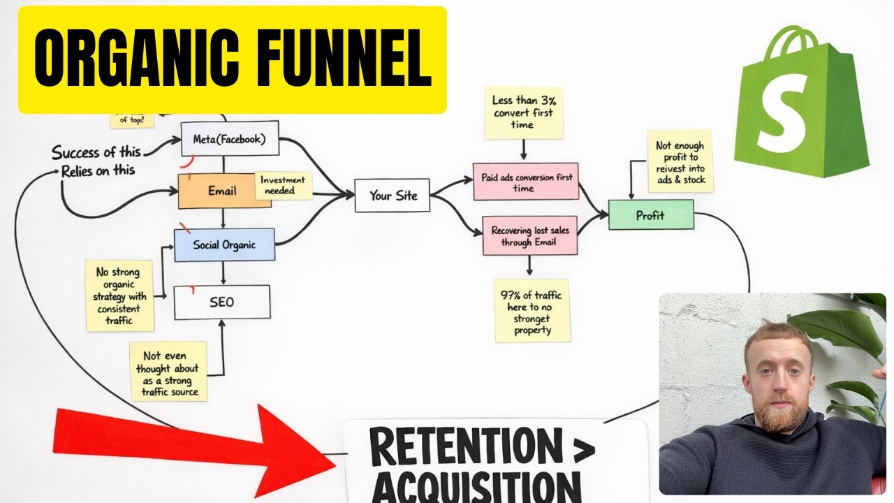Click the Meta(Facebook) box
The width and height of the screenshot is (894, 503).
pyautogui.click(x=229, y=139)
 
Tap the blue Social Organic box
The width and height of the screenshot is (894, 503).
pyautogui.click(x=224, y=245)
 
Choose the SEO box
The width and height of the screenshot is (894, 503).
pyautogui.click(x=221, y=302)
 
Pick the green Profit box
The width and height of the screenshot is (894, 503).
pyautogui.click(x=650, y=215)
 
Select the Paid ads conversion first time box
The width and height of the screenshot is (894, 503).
pyautogui.click(x=525, y=182)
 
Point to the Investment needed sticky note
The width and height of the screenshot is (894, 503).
pyautogui.click(x=283, y=185)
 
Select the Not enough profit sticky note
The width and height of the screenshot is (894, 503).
pyautogui.click(x=680, y=160)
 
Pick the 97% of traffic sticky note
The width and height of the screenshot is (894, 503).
pyautogui.click(x=532, y=310)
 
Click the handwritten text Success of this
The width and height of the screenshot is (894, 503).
pyautogui.click(x=96, y=152)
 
